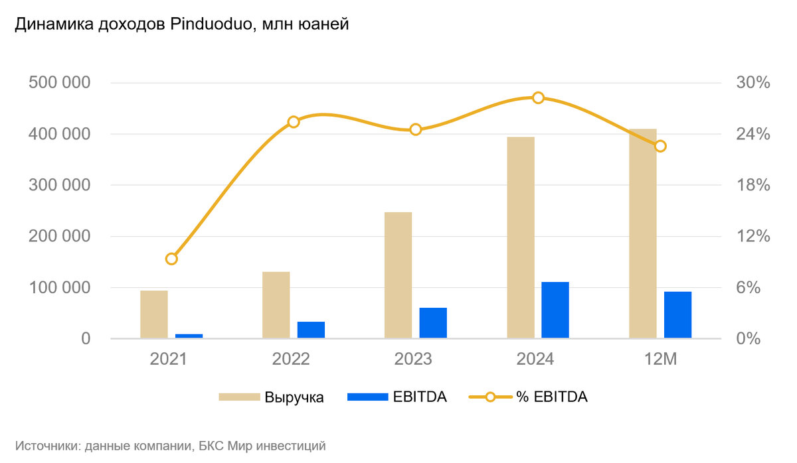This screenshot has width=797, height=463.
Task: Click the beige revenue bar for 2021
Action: coord(154,314)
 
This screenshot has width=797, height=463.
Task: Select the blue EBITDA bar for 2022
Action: coord(311,330)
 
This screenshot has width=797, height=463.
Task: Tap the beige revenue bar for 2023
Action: coord(398,275)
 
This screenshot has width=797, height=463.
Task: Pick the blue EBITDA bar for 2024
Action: coord(555,310)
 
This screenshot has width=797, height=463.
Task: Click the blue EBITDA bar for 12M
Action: coord(677,315)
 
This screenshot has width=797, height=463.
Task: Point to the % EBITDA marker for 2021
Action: coord(171,259)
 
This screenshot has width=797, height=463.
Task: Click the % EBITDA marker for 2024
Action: coord(539,98)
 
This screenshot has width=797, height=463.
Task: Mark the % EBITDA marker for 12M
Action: coord(660,146)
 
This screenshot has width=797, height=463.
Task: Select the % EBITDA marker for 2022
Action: coord(294,121)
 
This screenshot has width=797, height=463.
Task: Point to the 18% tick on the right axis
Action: coord(753,185)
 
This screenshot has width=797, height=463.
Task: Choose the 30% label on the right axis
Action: coord(753,83)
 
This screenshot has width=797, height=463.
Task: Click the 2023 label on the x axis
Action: coord(413,359)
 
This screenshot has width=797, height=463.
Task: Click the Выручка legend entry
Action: coord(294,397)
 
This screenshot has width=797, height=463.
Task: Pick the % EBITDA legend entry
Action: coord(552,397)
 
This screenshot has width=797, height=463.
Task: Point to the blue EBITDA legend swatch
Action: coord(367,397)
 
